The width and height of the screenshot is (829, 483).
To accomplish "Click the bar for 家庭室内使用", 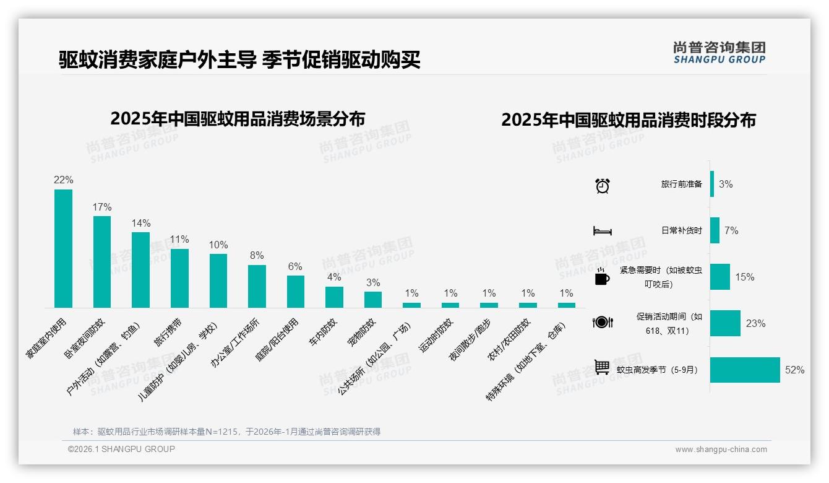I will click(63, 248).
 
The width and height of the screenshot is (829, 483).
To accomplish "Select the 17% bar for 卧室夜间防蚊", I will click(102, 261).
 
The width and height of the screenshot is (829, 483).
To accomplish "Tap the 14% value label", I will click(140, 223).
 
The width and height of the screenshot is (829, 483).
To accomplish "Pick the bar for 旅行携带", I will click(179, 278).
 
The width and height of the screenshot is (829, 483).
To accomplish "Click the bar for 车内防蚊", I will click(334, 297).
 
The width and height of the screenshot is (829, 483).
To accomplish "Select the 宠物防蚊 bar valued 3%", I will click(373, 299).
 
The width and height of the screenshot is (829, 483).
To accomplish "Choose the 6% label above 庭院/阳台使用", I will click(295, 266).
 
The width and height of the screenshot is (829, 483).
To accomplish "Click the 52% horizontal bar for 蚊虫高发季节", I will click(745, 370).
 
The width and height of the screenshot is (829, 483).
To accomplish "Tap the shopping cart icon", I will click(602, 367).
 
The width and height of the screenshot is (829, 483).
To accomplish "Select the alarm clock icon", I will click(602, 185).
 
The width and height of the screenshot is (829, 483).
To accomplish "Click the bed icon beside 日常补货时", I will click(602, 230).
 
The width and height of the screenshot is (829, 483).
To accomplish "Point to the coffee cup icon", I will click(602, 277).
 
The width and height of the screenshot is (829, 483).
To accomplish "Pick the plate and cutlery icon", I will click(602, 322).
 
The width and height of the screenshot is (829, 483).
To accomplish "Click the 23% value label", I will click(755, 323).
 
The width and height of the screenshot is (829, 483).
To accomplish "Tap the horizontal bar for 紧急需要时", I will click(720, 277).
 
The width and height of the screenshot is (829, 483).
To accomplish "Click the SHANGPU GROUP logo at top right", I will click(719, 53).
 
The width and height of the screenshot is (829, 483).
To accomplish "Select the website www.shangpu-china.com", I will click(721, 450).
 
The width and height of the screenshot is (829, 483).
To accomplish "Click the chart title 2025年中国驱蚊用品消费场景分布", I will click(238, 118).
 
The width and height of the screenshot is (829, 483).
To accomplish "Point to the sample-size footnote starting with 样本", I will click(226, 432).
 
